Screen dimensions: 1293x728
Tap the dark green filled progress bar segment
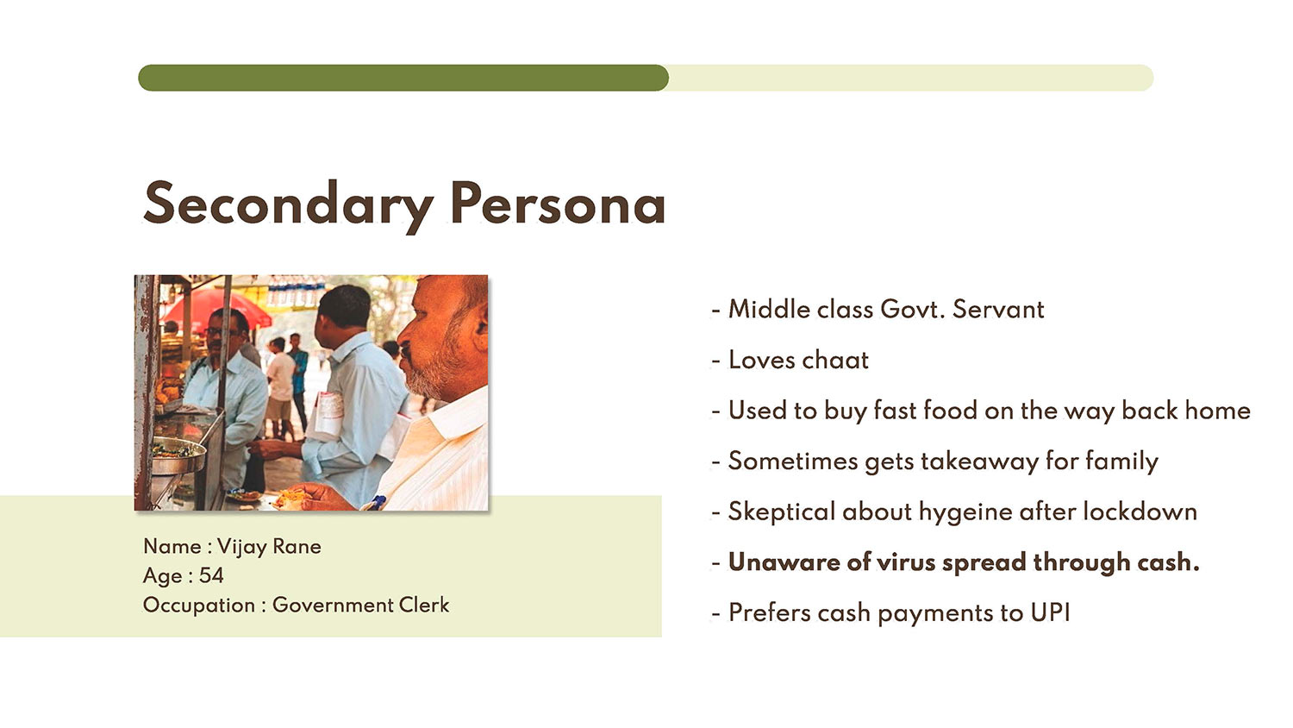403,78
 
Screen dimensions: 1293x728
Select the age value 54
211,575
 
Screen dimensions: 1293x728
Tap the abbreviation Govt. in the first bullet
913,309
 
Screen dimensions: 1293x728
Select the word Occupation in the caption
198,606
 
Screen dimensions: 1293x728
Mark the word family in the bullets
1121,462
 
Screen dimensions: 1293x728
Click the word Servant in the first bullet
998,309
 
